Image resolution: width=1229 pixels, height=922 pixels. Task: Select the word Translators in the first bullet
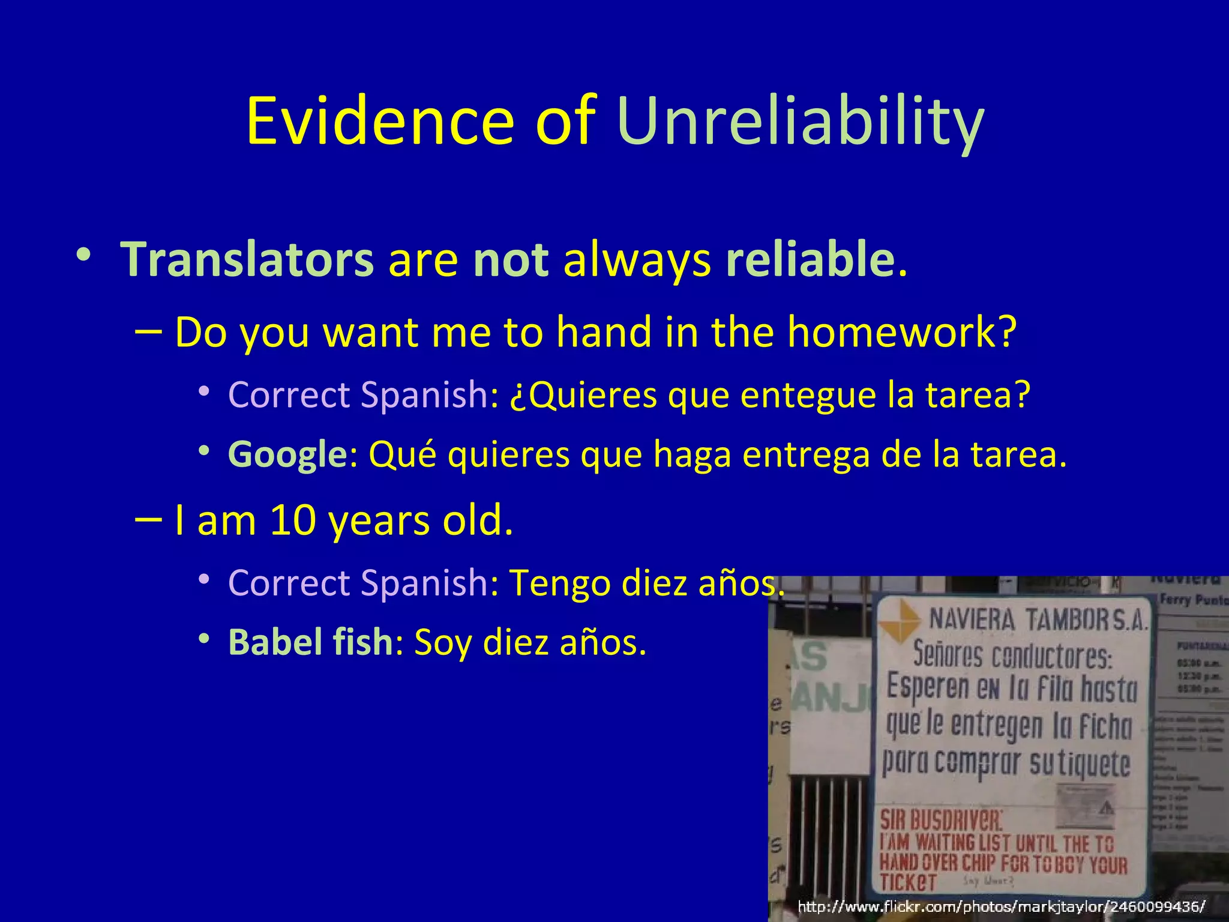coord(247,259)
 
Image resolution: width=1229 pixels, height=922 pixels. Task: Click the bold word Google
coord(287,454)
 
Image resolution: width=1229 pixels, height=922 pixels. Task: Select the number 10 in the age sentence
coord(293,520)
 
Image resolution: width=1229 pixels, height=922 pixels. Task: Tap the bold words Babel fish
coord(310,642)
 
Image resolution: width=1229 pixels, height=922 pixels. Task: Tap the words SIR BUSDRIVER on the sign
coord(940,820)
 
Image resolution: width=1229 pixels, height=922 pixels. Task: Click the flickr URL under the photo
coord(1001,906)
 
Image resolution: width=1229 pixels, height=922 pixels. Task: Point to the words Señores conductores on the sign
coord(1012,655)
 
